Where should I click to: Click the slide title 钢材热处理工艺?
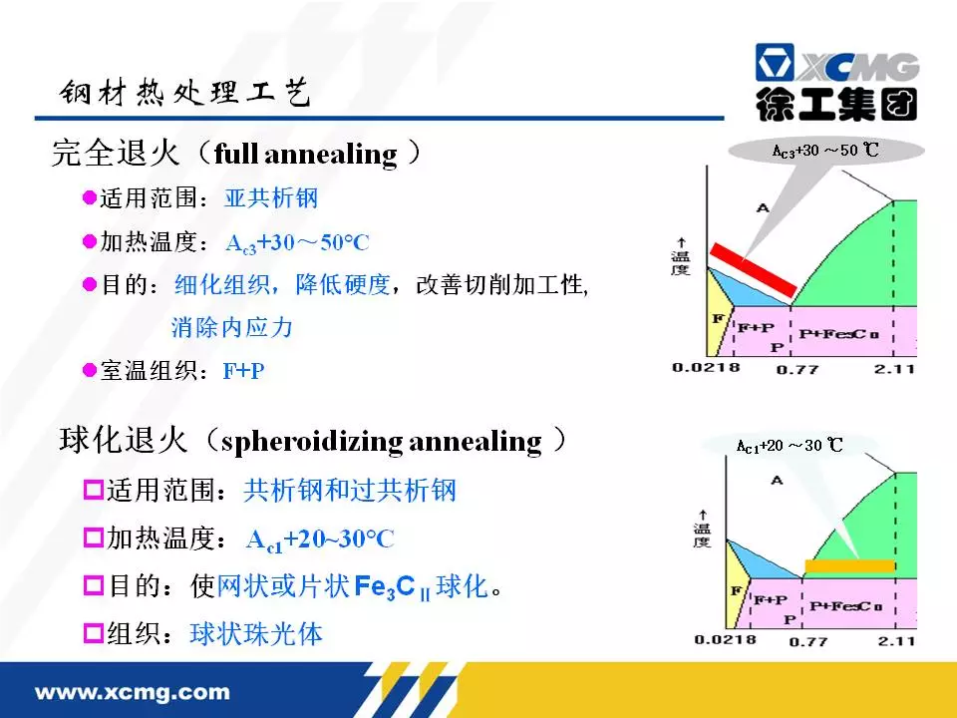(185, 92)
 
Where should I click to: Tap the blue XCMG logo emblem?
(775, 62)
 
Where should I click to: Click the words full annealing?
(306, 154)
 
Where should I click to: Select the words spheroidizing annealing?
(382, 442)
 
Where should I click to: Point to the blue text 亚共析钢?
(271, 197)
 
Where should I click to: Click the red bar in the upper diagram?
(754, 269)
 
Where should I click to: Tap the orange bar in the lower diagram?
(849, 566)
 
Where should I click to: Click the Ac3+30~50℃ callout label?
(825, 151)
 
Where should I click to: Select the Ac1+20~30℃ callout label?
(790, 446)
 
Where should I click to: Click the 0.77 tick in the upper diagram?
(797, 369)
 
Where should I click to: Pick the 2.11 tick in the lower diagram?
(896, 641)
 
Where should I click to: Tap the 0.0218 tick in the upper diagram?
(706, 368)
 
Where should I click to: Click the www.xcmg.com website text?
(133, 692)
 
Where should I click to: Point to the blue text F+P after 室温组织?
(243, 371)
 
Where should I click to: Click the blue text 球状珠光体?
(256, 634)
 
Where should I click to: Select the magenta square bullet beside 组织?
(94, 632)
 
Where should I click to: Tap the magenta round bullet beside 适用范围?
(90, 197)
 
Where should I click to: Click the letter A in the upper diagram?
(763, 208)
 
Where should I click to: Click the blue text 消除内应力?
(232, 327)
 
